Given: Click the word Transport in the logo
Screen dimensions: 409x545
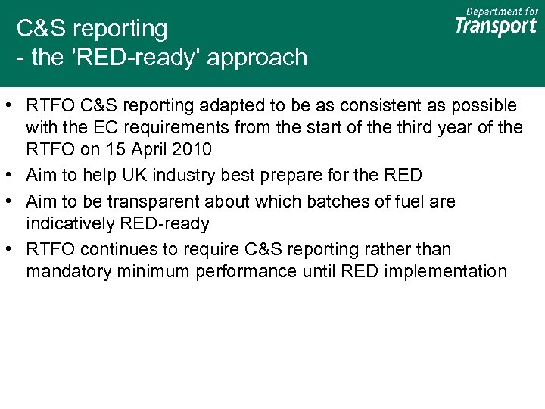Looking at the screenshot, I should (x=496, y=27).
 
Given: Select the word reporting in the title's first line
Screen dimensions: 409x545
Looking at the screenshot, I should (x=124, y=29).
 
